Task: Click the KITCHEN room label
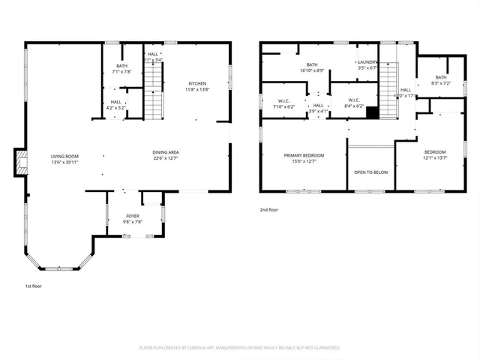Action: [x=198, y=83]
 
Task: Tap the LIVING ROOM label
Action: [x=64, y=156]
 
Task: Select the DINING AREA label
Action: [x=166, y=152]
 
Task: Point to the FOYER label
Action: [x=132, y=216]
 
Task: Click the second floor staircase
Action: [x=388, y=88]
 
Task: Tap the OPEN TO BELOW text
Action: [x=370, y=172]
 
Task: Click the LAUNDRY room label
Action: [x=367, y=62]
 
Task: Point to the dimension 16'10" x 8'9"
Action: [x=311, y=70]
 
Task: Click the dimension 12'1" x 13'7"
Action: [x=434, y=157]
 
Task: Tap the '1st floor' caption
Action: [x=33, y=286]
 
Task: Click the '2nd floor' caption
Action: [x=268, y=210]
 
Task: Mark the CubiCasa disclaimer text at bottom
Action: [x=240, y=348]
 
